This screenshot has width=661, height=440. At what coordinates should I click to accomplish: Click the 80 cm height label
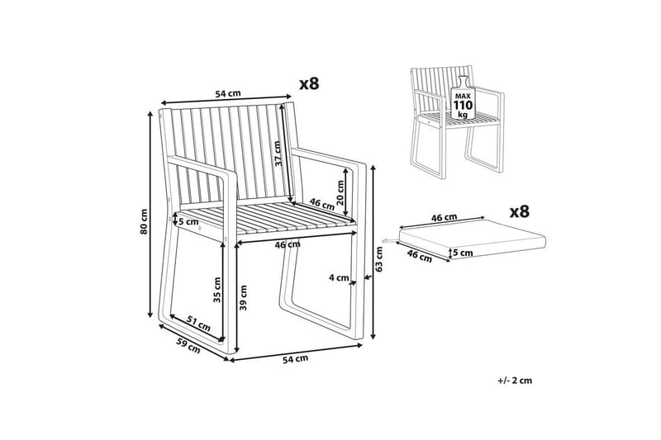coord(144,221)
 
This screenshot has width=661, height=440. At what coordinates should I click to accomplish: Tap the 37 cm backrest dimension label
coord(278,154)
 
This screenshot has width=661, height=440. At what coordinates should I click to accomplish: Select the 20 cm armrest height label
coord(340,192)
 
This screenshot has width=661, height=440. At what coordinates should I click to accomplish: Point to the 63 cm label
coord(379,259)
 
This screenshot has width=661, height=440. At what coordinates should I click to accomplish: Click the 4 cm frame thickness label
coord(339,277)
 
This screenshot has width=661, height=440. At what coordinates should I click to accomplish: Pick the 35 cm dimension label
coord(217,290)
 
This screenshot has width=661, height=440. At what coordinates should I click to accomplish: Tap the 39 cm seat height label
coord(243,298)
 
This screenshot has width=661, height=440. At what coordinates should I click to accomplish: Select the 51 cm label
coord(198,324)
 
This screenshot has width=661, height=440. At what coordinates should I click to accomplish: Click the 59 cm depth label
coord(188,346)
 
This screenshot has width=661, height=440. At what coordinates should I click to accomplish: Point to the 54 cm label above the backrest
coord(228,93)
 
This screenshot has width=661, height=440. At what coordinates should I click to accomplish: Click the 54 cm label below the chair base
coord(295,359)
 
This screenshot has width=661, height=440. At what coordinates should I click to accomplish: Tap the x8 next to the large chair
coord(309,83)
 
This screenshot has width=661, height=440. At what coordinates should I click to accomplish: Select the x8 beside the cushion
coord(520,212)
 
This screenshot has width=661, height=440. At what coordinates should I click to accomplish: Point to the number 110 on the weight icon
coord(463,105)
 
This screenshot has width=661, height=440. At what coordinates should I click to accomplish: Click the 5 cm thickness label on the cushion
coord(463,253)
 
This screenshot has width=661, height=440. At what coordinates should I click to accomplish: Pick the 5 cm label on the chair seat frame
coord(188,221)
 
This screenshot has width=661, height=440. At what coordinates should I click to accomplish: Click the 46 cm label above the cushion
coord(444,218)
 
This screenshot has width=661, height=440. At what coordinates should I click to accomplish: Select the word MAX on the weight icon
coord(463,97)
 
